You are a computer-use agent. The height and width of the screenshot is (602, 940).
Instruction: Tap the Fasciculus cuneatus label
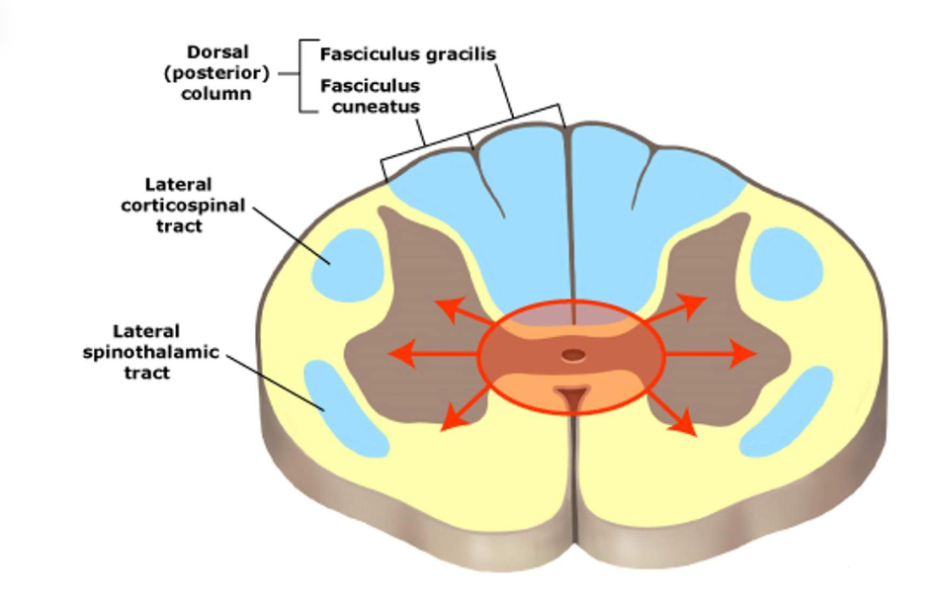click(x=370, y=96)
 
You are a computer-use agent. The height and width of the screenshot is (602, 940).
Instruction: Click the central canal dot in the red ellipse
click(x=570, y=354)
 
